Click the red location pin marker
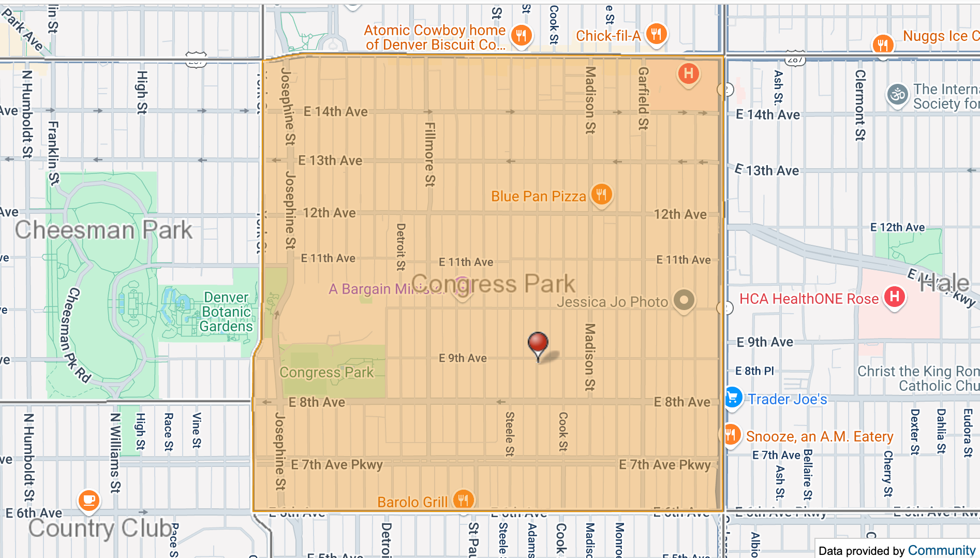(x=538, y=343)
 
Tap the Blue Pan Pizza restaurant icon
(x=601, y=195)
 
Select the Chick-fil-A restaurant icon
(x=656, y=35)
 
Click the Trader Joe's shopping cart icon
(x=733, y=398)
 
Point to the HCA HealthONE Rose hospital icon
(x=895, y=297)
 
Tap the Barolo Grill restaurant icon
(x=463, y=500)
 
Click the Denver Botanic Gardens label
(x=227, y=312)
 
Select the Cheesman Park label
(x=103, y=230)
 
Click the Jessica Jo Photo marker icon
(x=684, y=300)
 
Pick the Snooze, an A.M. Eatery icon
(x=731, y=435)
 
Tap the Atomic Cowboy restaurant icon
(x=521, y=36)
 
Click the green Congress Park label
(x=326, y=372)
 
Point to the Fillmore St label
(x=430, y=154)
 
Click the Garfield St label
(x=643, y=98)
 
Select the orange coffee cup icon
(x=88, y=500)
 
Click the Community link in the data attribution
(x=941, y=550)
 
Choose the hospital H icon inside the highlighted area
(x=688, y=74)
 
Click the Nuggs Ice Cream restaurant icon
(x=883, y=45)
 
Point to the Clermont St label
(x=860, y=105)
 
